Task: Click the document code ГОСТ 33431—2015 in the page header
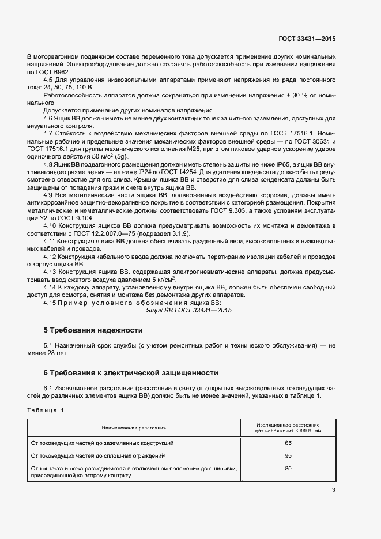coord(307,39)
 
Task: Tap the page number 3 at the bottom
coord(333,491)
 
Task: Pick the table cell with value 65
coord(288,443)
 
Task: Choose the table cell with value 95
coord(288,455)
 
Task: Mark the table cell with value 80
coord(288,469)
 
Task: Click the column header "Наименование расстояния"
coord(134,428)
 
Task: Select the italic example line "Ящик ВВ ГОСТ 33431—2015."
coord(190,310)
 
